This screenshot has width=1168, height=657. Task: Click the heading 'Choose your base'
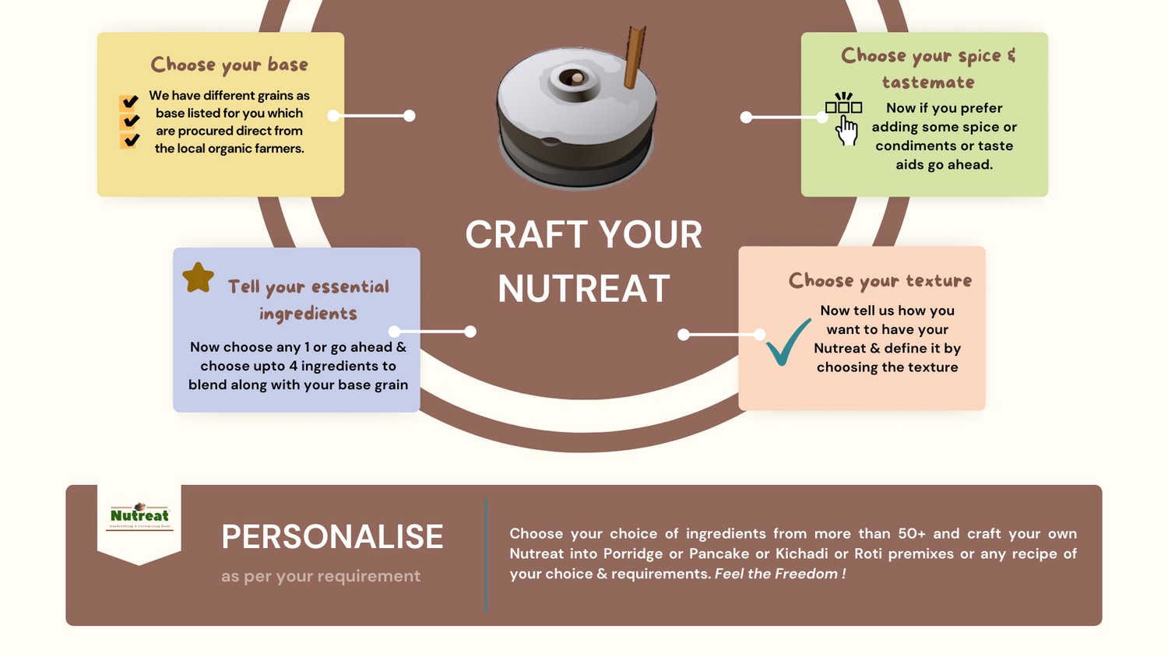(x=229, y=65)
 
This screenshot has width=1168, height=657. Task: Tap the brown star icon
(x=199, y=277)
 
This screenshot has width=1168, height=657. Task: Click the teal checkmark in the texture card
(x=787, y=343)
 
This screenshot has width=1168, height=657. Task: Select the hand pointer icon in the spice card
(x=846, y=130)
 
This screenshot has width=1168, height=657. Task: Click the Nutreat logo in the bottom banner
(x=139, y=516)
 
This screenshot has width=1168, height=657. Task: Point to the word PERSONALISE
(x=332, y=536)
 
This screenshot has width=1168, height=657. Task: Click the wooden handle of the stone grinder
(x=634, y=58)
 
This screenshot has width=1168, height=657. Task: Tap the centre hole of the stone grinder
(x=575, y=79)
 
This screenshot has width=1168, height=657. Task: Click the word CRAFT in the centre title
(x=524, y=235)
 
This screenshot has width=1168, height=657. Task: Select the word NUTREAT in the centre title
(x=583, y=289)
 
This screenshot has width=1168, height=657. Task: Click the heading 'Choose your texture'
(x=880, y=280)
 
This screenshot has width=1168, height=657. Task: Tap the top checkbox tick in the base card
(x=130, y=102)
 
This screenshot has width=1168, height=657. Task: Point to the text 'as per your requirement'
(x=320, y=576)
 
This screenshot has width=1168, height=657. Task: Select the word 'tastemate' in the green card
(x=927, y=83)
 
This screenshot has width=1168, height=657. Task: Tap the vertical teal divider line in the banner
(x=486, y=555)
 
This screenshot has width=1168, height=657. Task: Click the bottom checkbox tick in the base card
(x=130, y=140)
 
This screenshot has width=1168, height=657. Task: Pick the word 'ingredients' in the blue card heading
(x=308, y=314)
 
